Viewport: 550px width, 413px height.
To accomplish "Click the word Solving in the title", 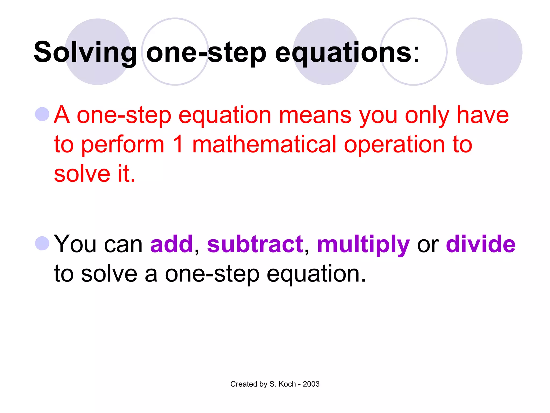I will click(x=85, y=52).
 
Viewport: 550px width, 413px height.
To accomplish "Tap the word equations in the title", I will click(x=343, y=52).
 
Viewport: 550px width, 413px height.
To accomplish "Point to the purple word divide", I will click(x=480, y=244).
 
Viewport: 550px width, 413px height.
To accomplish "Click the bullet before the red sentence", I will click(x=42, y=114).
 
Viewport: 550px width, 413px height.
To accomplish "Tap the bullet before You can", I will click(x=42, y=243).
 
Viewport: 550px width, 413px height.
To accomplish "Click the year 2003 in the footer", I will click(x=311, y=384).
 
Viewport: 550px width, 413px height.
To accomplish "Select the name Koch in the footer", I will click(x=287, y=384).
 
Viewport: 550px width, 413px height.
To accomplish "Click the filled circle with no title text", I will click(x=489, y=52).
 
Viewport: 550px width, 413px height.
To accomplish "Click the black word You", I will click(x=75, y=244).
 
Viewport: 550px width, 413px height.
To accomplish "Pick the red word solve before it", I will click(x=82, y=174).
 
